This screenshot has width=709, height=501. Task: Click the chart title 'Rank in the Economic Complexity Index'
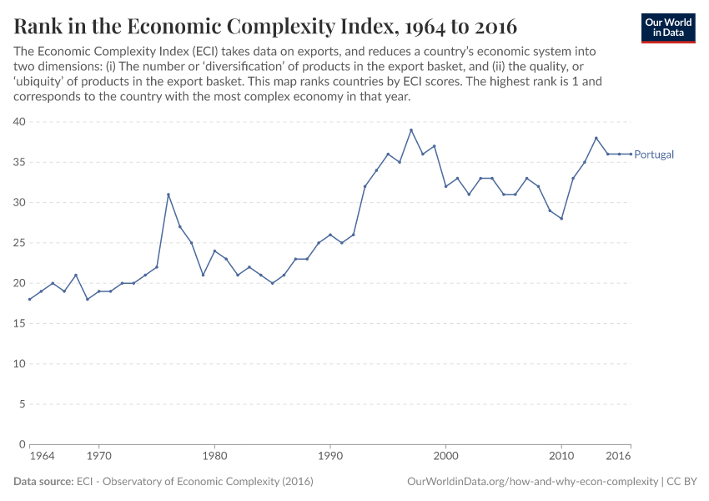tap(265, 26)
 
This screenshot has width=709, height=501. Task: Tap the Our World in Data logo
tap(668, 28)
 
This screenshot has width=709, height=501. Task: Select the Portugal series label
tap(654, 154)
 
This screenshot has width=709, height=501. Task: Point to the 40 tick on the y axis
tap(20, 122)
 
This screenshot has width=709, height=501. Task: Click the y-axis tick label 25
tap(20, 243)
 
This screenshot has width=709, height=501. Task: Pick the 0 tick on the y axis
tap(23, 444)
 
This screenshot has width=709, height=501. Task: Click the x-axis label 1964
tap(42, 458)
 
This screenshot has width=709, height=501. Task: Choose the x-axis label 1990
tap(330, 458)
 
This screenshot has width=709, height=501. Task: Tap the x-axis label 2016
tap(618, 458)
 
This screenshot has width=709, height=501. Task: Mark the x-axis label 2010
tap(561, 458)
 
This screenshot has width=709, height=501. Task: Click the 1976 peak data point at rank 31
tap(168, 195)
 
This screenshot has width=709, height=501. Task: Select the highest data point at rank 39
tap(411, 130)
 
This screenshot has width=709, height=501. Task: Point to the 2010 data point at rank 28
tap(561, 219)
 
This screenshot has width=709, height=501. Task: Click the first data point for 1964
tap(30, 299)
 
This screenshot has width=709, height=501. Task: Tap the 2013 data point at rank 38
tap(596, 138)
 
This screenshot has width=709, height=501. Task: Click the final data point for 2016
tap(631, 154)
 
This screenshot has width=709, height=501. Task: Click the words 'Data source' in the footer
tap(43, 482)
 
